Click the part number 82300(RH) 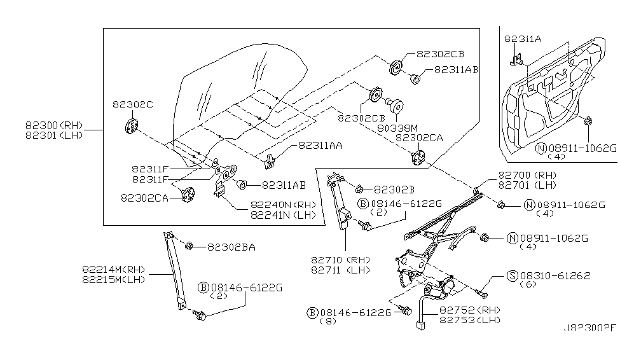[54, 125]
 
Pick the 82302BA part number [231, 247]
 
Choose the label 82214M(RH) [114, 268]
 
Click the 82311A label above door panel [523, 39]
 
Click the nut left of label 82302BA [189, 246]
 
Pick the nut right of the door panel [588, 120]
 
